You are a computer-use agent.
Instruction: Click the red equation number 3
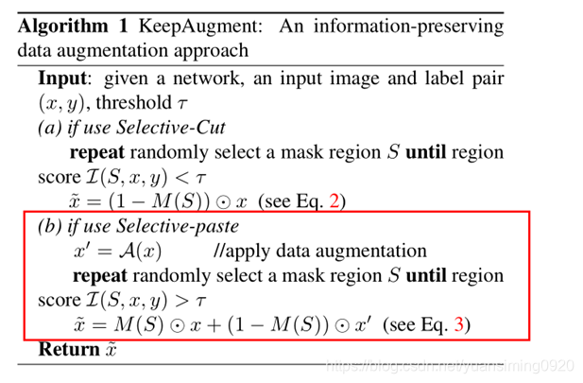(x=459, y=324)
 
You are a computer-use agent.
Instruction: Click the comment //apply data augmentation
(x=320, y=251)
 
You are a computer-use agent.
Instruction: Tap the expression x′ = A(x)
(x=112, y=251)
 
